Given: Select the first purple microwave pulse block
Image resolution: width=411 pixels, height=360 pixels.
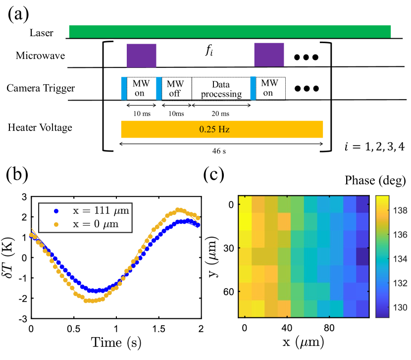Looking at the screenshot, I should tap(141, 55).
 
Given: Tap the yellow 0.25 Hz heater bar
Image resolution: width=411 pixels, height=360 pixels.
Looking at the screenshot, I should tap(222, 129).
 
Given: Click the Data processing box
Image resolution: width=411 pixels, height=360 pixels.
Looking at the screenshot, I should tap(221, 89).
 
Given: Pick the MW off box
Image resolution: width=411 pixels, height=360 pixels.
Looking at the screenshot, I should tap(176, 89).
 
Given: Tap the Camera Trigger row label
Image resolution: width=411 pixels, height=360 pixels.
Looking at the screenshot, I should tap(41, 89).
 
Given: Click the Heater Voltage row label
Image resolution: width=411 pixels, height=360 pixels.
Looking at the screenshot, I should tap(40, 127).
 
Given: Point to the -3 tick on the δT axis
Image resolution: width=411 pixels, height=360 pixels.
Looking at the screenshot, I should tap(23, 318).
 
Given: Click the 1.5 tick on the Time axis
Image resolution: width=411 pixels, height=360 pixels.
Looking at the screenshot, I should tap(159, 329).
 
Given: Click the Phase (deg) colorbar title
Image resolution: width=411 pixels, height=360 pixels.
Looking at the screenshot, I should tap(378, 179).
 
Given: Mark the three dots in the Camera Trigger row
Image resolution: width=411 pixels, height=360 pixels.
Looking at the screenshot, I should tap(306, 89).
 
